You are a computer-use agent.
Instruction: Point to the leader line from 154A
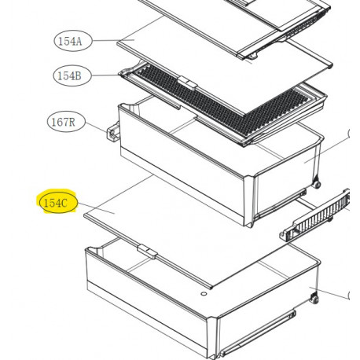click(113, 40)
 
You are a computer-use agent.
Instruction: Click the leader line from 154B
click(105, 75)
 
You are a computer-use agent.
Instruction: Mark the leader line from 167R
click(96, 127)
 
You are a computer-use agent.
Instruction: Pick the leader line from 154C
click(96, 208)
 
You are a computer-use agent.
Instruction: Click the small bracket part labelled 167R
click(113, 132)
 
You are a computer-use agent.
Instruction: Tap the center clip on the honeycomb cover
click(187, 83)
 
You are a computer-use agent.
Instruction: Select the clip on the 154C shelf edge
click(147, 252)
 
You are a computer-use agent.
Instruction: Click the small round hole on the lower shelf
click(204, 294)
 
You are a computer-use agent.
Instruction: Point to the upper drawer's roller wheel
click(316, 184)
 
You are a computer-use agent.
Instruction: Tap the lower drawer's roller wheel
click(314, 299)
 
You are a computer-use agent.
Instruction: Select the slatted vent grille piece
click(316, 215)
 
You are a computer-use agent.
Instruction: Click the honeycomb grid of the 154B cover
click(222, 100)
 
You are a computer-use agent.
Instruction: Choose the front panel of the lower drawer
click(148, 301)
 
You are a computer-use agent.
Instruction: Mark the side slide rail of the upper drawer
click(281, 204)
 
